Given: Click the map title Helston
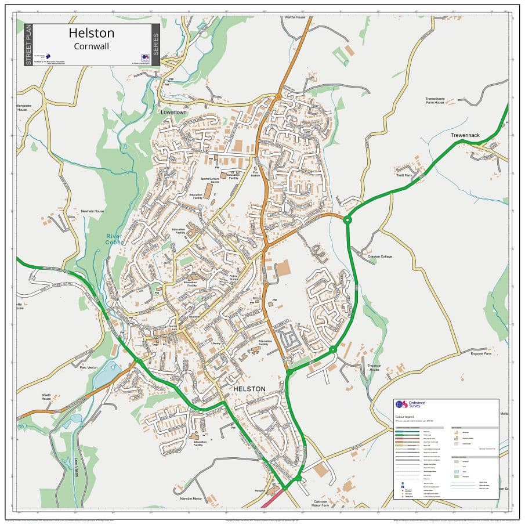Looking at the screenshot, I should coord(92,33).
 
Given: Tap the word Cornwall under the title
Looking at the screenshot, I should coord(92,46).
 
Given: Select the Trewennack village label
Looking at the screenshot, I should coord(465,135).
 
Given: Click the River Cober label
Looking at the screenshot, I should coord(113,240).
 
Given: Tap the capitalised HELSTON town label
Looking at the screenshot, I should coord(249,389).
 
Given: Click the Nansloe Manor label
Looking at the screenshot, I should coord(191,498).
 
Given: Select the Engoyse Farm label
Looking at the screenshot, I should coord(481,353).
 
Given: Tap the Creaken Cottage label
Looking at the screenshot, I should coord(380,256).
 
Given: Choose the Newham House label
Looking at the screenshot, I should coord(92,211).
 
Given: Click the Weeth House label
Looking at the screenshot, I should coord(46,397).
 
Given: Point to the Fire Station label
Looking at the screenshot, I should coord(255,173).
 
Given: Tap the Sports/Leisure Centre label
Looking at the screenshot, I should coord(210,181).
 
